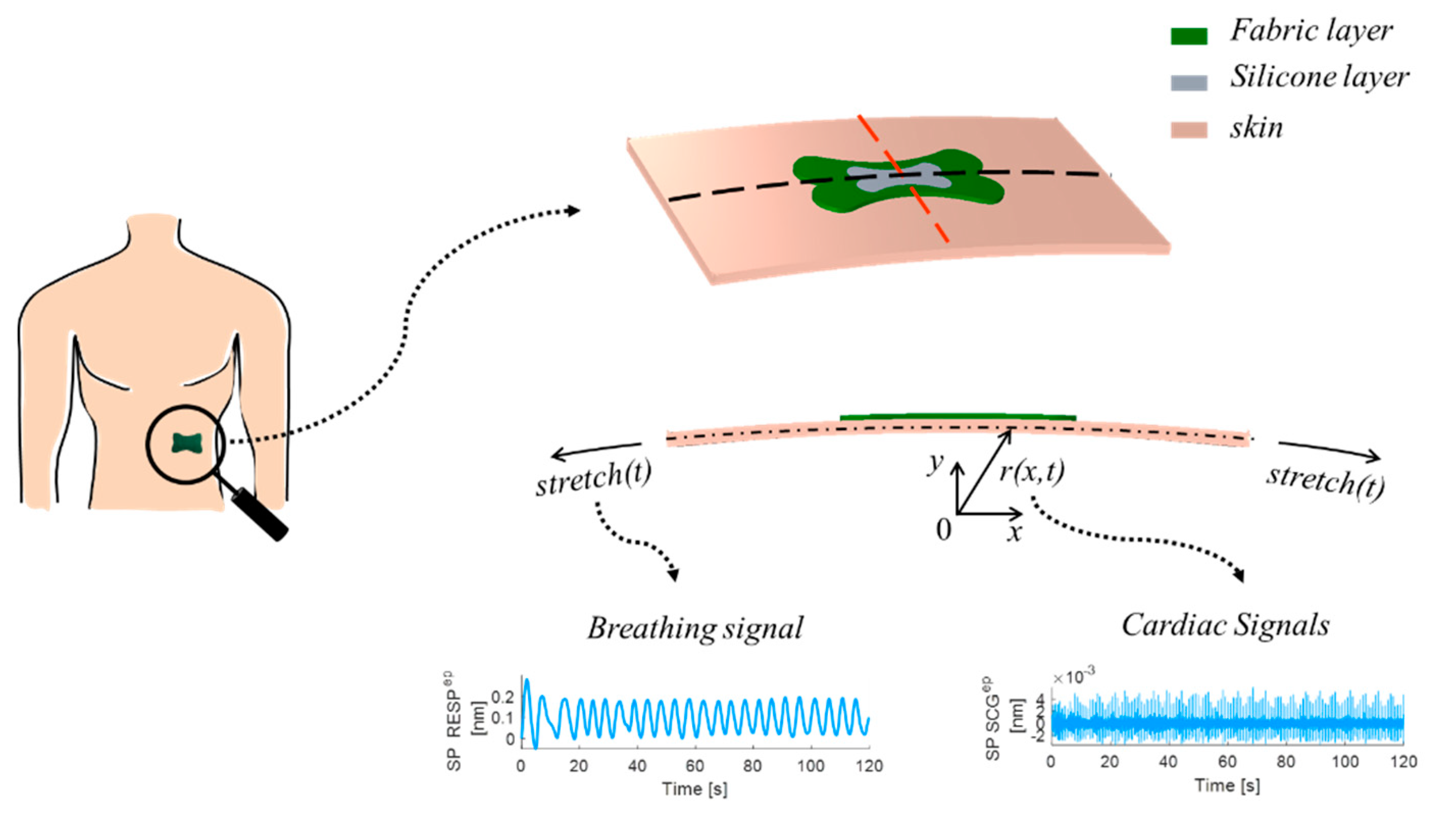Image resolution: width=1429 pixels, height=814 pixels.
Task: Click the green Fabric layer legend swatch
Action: pyautogui.click(x=1189, y=36)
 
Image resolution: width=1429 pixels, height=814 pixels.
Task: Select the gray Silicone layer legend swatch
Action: pyautogui.click(x=1189, y=83)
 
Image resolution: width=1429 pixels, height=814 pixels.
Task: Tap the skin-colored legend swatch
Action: pyautogui.click(x=1189, y=130)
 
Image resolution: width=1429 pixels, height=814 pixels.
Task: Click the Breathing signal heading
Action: pyautogui.click(x=695, y=628)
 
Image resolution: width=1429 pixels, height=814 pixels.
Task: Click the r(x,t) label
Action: pyautogui.click(x=1032, y=472)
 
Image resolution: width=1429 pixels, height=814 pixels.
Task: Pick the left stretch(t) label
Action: pyautogui.click(x=594, y=478)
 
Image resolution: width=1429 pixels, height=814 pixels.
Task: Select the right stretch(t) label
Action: pyautogui.click(x=1325, y=480)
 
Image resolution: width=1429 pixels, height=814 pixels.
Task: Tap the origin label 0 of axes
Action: pyautogui.click(x=943, y=529)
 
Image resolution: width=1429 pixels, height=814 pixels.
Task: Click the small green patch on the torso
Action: pyautogui.click(x=187, y=443)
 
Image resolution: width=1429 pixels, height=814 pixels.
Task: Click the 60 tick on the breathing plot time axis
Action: pyautogui.click(x=695, y=766)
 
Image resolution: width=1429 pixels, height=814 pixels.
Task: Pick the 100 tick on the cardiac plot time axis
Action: pyautogui.click(x=1345, y=762)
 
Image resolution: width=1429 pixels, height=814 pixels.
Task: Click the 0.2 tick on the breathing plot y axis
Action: pyautogui.click(x=502, y=697)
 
